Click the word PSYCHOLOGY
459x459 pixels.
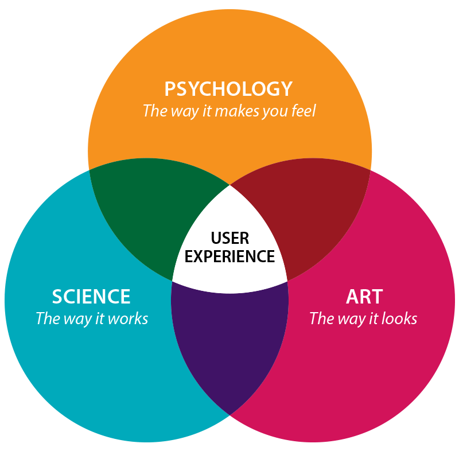[x=228, y=89]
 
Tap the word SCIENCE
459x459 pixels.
[x=91, y=297]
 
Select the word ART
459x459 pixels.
[x=364, y=297]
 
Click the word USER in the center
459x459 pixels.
[x=229, y=238]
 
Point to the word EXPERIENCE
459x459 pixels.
[x=229, y=256]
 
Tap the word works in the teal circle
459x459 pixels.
[x=131, y=318]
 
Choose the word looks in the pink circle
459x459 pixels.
[x=399, y=318]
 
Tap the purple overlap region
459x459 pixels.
[x=229, y=344]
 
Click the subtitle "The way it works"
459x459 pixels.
[x=92, y=318]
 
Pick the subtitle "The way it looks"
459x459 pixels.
[x=363, y=318]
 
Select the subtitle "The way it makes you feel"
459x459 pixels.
[x=229, y=110]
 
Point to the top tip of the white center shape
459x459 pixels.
[x=229, y=186]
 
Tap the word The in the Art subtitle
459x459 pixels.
[x=321, y=318]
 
